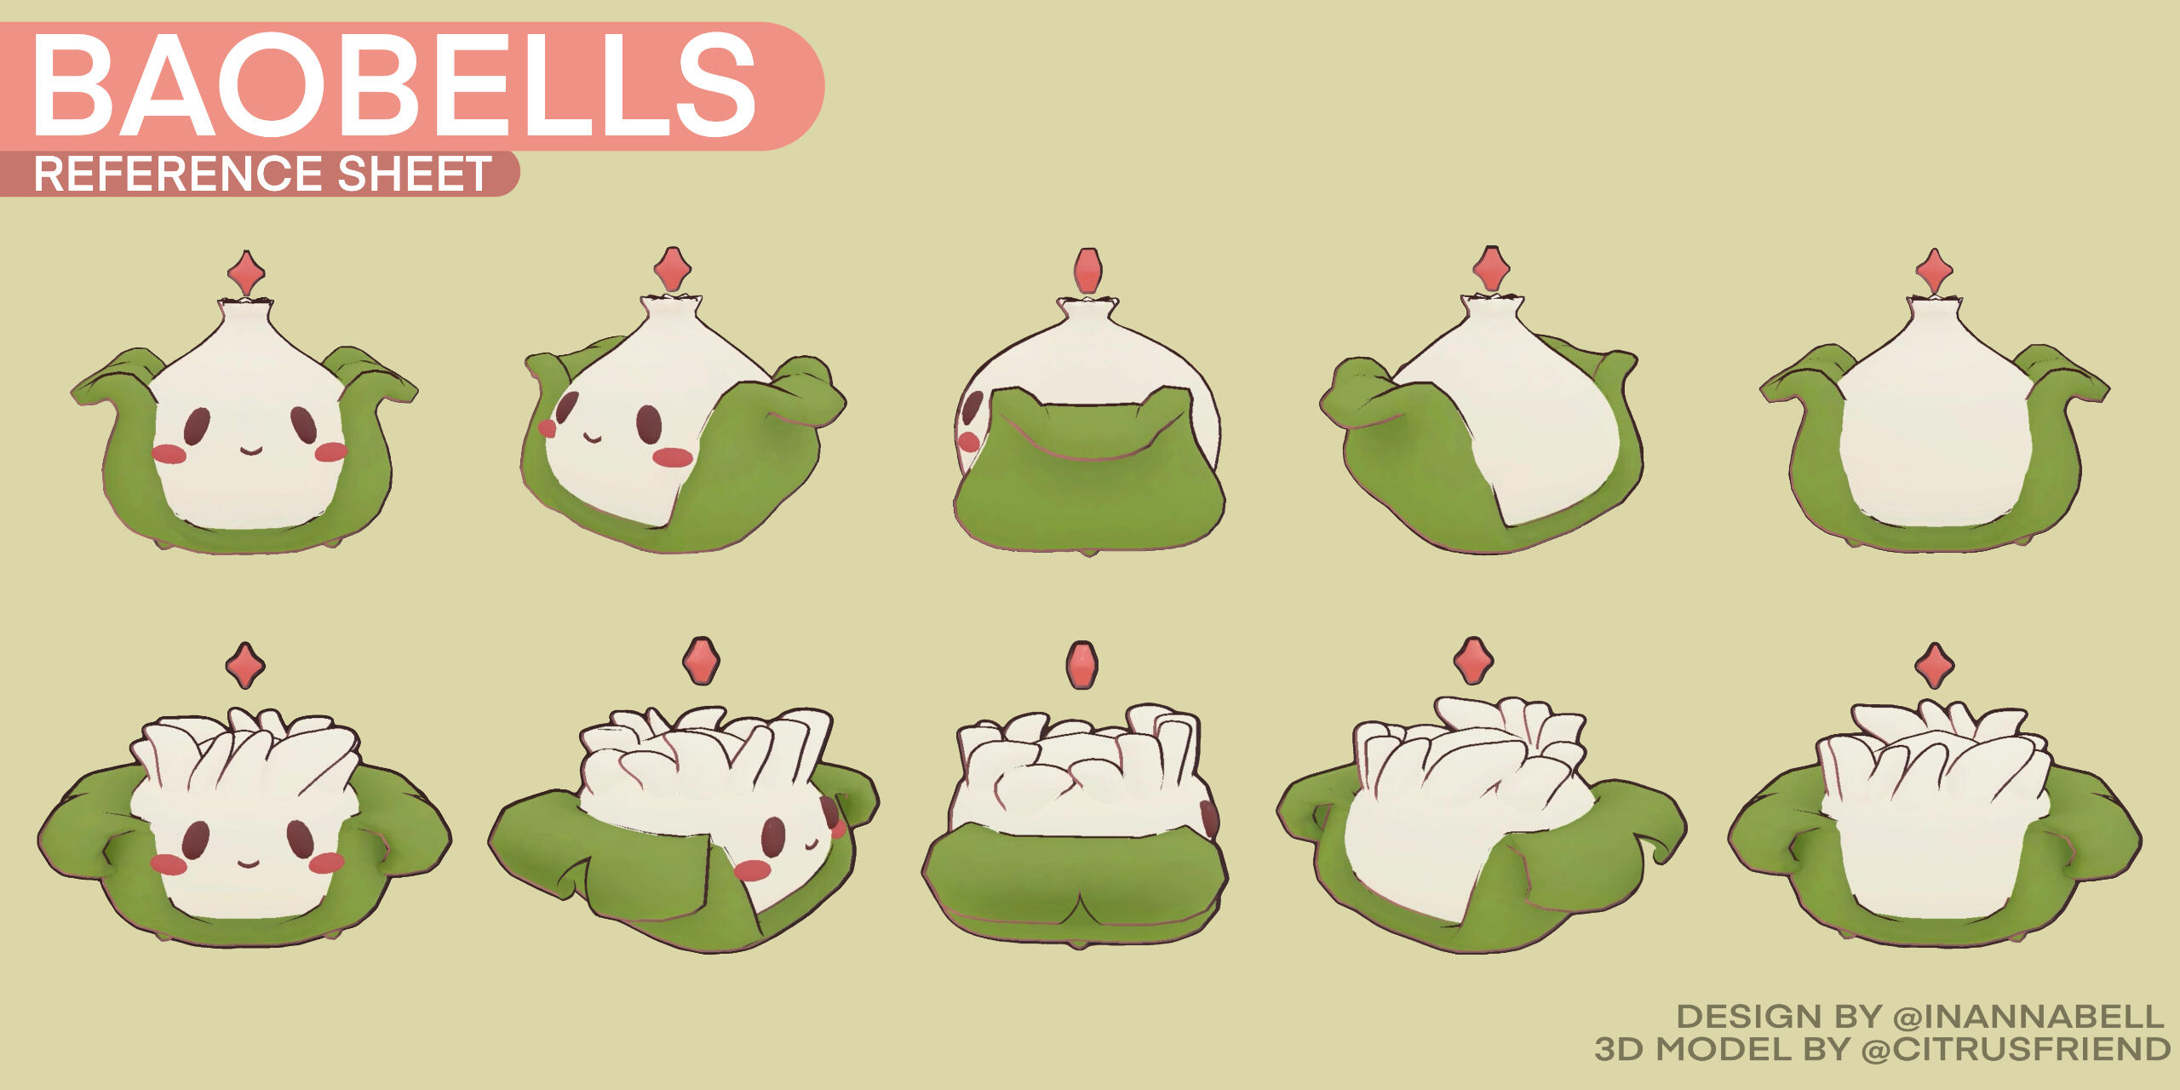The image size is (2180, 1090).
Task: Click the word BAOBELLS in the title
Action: click(393, 85)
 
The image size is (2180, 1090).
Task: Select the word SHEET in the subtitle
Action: click(415, 174)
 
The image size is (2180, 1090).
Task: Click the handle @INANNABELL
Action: click(2028, 1017)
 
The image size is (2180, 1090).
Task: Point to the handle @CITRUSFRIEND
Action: click(2016, 1049)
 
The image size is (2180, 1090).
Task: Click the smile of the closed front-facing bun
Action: click(250, 450)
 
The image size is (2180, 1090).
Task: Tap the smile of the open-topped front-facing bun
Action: click(248, 863)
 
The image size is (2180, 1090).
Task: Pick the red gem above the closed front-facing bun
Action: click(246, 273)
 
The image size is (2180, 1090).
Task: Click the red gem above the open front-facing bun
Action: click(245, 665)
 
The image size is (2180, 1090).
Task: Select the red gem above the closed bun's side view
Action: click(1087, 270)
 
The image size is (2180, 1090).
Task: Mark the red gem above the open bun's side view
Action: click(1081, 665)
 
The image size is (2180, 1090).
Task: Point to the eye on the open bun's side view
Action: click(1209, 818)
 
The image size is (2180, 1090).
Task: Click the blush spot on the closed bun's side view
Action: click(969, 441)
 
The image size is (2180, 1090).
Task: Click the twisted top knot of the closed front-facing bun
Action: click(246, 307)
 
